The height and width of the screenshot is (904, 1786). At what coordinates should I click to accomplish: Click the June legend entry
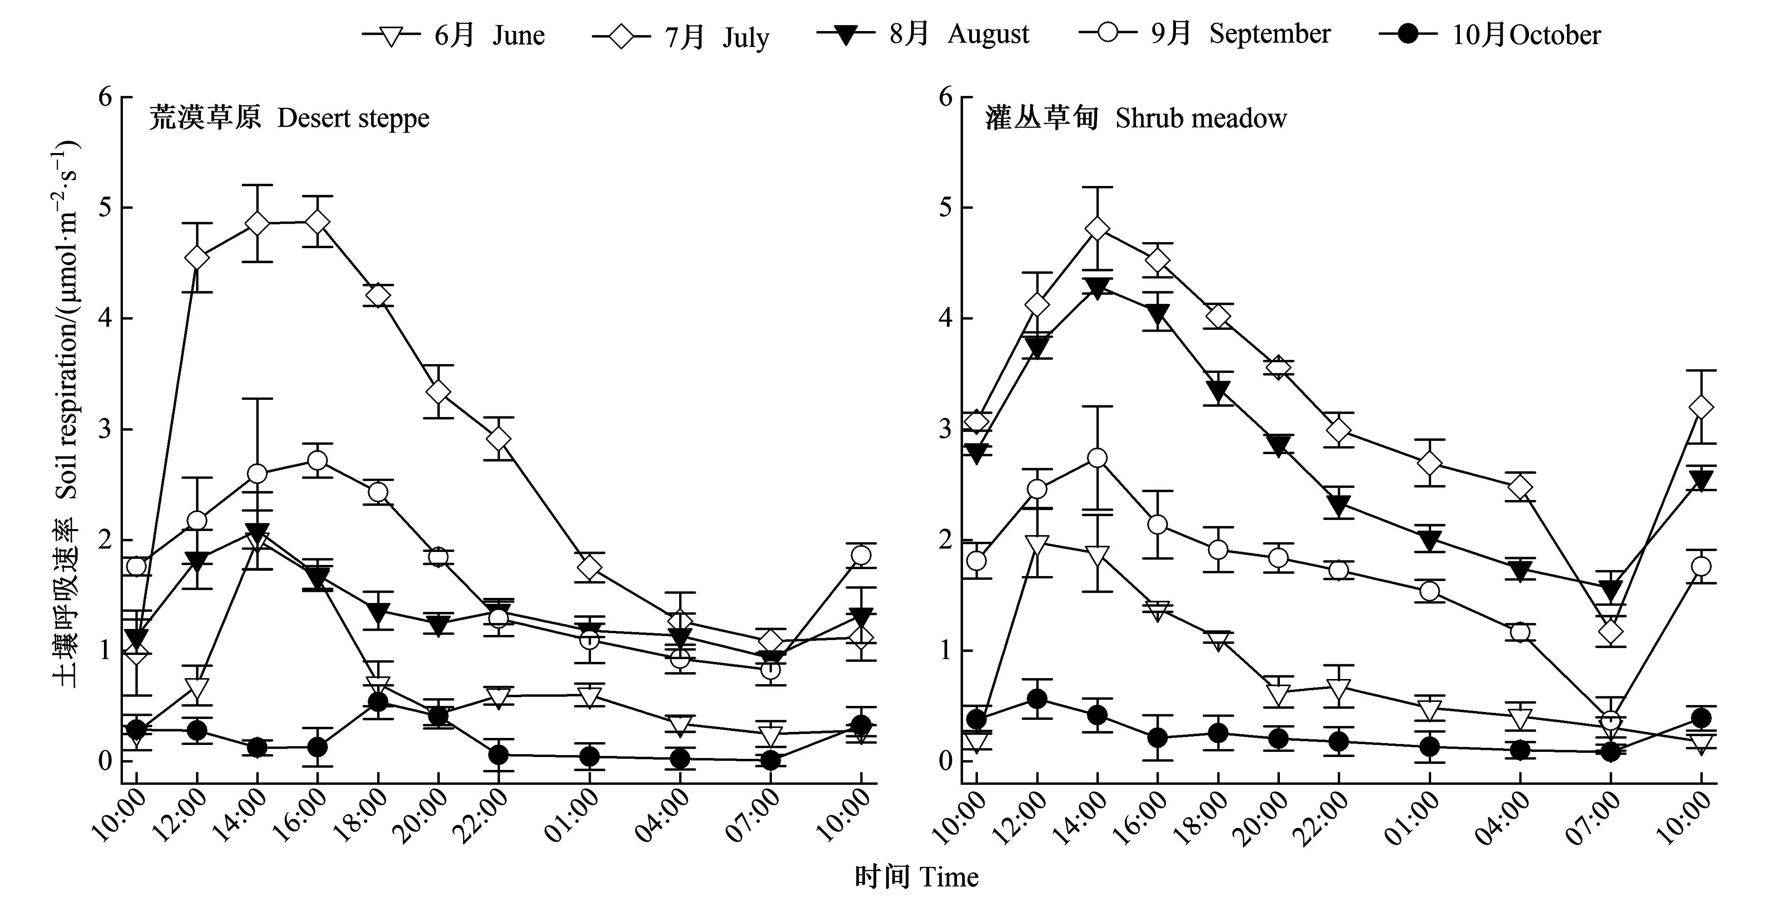pos(454,35)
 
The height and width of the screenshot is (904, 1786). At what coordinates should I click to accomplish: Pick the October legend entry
pos(1490,35)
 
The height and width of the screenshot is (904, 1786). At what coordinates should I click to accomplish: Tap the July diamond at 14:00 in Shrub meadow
pos(1097,228)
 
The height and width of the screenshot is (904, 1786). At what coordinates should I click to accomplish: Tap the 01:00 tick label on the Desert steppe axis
pos(572,818)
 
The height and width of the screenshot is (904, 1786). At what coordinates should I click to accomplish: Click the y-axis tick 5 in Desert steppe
pos(105,207)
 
